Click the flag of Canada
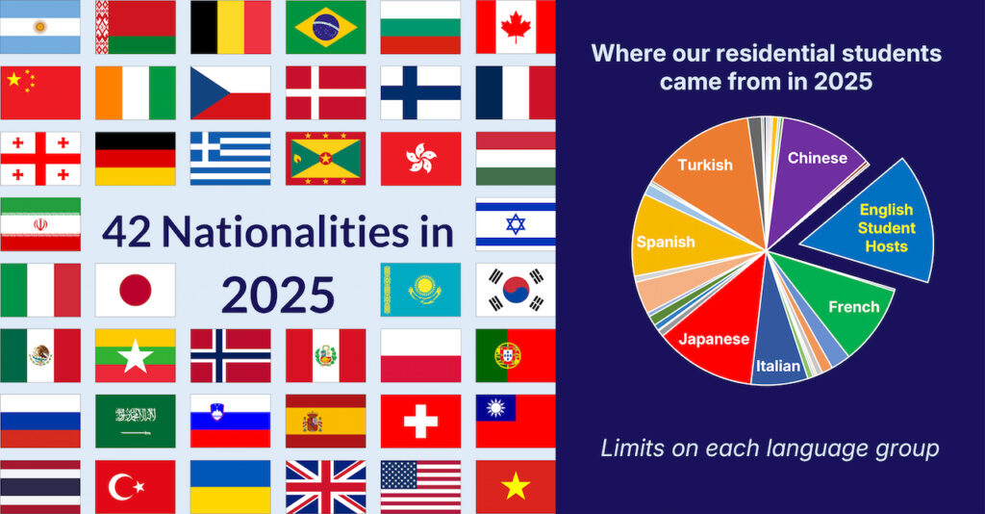(x=516, y=27)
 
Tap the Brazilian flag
(x=325, y=27)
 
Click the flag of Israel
(x=516, y=224)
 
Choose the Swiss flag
(x=420, y=421)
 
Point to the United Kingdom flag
(x=325, y=486)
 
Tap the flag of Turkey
(x=135, y=486)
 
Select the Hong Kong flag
(x=420, y=158)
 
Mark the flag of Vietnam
(x=516, y=486)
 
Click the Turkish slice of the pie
(x=707, y=183)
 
